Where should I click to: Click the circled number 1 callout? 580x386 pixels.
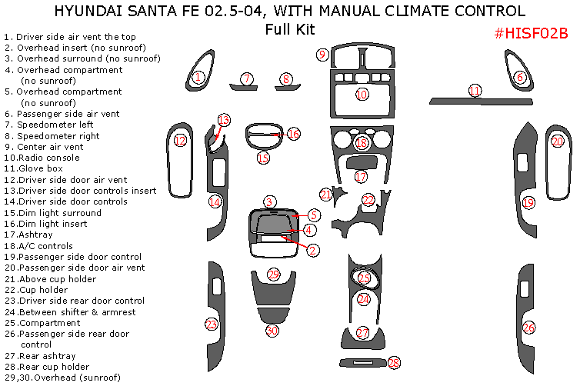tap(198, 77)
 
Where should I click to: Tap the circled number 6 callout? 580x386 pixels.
tap(520, 77)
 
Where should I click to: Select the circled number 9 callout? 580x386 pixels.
tap(322, 54)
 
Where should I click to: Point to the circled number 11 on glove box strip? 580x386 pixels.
tap(475, 91)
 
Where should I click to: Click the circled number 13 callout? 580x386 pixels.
tap(224, 120)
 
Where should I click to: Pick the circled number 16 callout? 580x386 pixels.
tap(293, 134)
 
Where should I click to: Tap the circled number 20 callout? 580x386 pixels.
tap(558, 141)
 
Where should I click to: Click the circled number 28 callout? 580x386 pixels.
tap(394, 362)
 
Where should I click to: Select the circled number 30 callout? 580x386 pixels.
tap(272, 331)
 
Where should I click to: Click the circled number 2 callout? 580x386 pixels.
tap(313, 250)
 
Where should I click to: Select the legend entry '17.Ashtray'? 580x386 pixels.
tap(31, 235)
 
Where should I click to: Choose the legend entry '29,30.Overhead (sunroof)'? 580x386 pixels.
tap(62, 378)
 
